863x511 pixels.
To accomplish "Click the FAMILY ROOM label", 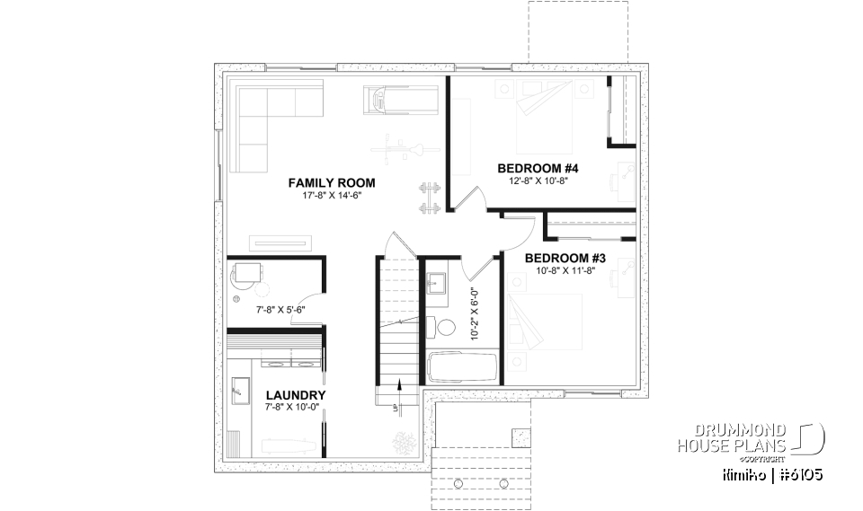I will pyautogui.click(x=331, y=182).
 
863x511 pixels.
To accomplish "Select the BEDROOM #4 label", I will pyautogui.click(x=538, y=168).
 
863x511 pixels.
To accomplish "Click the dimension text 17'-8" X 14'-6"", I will pyautogui.click(x=331, y=196).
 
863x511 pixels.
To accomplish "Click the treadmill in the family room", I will pyautogui.click(x=401, y=99).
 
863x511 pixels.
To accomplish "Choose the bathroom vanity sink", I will pyautogui.click(x=436, y=285).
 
